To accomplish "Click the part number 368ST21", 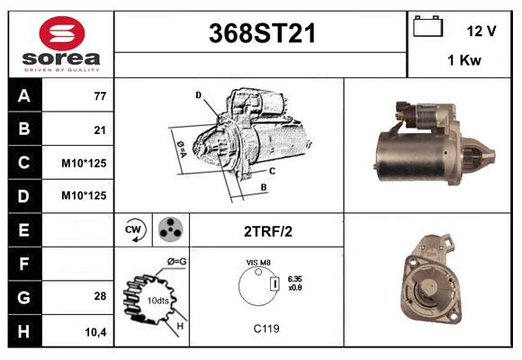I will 262,33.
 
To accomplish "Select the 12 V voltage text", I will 481,31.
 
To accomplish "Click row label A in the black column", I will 22,95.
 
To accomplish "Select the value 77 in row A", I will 100,96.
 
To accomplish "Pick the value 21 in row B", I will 100,130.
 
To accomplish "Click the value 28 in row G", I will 100,296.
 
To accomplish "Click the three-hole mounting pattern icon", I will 169,229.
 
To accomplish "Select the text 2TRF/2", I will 267,230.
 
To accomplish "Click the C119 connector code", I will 266,328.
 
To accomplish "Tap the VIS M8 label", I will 258,262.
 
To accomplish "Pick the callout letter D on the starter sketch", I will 198,94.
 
